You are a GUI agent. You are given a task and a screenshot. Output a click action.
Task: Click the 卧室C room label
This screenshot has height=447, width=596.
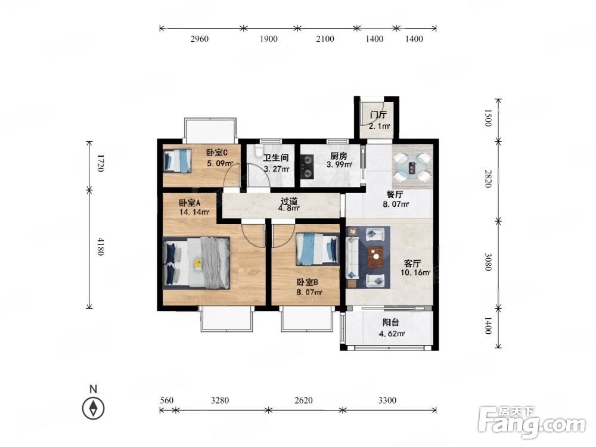(217, 153)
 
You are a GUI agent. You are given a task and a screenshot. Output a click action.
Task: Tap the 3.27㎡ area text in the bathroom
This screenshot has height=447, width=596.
(277, 169)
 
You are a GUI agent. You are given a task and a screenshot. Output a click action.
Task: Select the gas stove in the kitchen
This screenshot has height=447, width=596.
(307, 166)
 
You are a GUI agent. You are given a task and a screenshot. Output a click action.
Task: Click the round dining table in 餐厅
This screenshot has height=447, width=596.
(412, 167)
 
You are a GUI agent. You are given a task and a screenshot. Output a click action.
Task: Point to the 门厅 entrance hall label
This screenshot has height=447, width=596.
(378, 115)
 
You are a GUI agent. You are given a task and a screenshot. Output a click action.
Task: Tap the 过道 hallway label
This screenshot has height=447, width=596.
(289, 201)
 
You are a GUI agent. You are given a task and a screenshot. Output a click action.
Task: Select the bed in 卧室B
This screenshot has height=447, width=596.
(318, 249)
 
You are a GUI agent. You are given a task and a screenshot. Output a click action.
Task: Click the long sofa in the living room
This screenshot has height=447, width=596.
(352, 257)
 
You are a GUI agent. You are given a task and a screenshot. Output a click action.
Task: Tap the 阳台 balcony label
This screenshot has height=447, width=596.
(391, 322)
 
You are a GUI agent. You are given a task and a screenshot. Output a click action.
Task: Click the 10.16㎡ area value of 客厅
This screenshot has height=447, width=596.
(415, 272)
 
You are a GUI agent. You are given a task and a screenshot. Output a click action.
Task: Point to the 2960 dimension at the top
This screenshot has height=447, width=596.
(199, 39)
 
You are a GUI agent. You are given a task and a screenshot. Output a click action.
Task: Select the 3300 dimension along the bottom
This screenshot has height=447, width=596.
(387, 401)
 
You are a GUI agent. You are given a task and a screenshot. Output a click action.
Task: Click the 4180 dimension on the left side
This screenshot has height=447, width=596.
(100, 246)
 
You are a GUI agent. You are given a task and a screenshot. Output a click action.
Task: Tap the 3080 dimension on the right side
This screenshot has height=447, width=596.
(488, 262)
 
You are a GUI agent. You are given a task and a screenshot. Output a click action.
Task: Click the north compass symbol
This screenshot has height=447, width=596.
(93, 408)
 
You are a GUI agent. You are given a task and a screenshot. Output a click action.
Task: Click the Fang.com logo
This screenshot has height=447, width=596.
(532, 423)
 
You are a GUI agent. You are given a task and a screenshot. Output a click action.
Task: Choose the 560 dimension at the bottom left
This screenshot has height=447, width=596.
(166, 401)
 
